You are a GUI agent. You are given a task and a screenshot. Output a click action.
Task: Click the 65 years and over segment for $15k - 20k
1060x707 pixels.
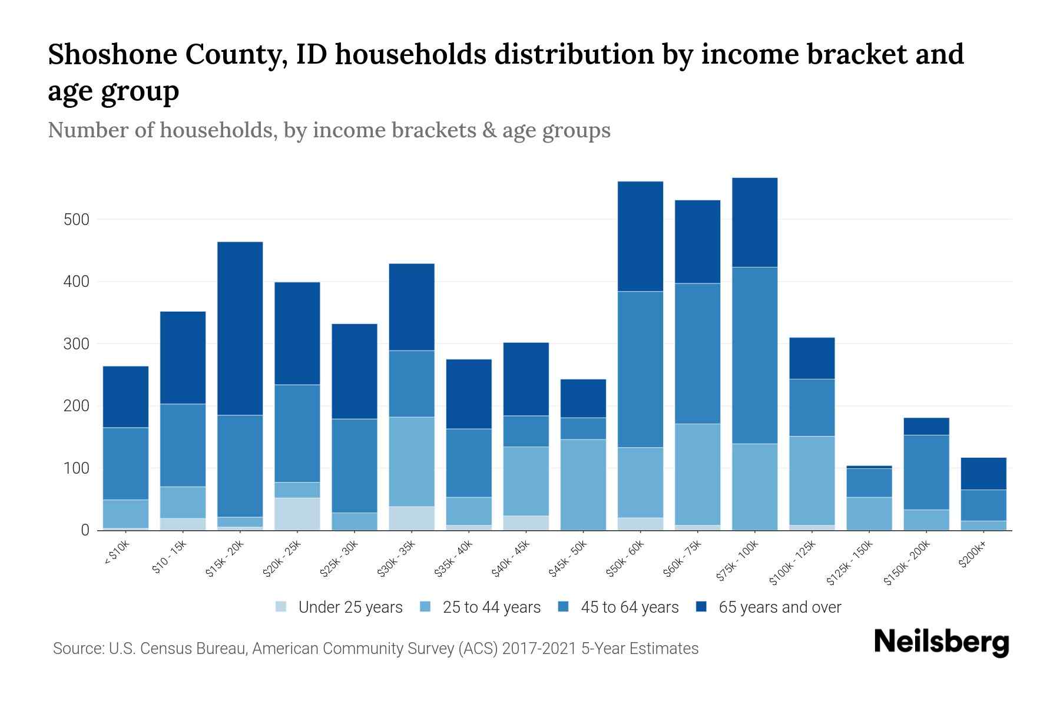[240, 328]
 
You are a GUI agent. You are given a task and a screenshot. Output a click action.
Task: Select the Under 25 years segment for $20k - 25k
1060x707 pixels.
[297, 514]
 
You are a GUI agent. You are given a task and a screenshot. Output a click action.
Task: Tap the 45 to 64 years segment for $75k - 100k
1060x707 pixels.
[755, 355]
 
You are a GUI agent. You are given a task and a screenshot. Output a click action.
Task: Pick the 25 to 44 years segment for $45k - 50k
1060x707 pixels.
[583, 484]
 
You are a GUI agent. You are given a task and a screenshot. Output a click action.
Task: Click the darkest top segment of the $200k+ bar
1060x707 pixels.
[983, 474]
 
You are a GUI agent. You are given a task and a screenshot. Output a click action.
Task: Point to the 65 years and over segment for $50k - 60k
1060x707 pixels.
[640, 236]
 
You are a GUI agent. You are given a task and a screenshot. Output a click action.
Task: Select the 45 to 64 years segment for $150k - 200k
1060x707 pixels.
[926, 472]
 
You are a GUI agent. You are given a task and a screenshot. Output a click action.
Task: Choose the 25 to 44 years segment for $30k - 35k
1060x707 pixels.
[412, 461]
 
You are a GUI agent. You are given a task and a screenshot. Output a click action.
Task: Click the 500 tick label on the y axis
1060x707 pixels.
[76, 220]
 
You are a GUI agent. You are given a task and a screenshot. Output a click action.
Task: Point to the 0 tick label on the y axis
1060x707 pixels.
[85, 530]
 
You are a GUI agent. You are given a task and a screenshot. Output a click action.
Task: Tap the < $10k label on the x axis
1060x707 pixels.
[117, 554]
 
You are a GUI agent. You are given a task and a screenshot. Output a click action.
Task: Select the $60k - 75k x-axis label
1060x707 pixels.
[683, 559]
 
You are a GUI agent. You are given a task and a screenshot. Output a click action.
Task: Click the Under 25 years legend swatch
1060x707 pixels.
[281, 607]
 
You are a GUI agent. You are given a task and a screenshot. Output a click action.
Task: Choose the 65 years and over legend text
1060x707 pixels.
[779, 607]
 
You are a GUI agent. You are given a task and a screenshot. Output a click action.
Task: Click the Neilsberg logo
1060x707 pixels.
[942, 642]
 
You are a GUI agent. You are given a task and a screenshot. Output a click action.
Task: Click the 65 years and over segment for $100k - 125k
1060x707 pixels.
[812, 358]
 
